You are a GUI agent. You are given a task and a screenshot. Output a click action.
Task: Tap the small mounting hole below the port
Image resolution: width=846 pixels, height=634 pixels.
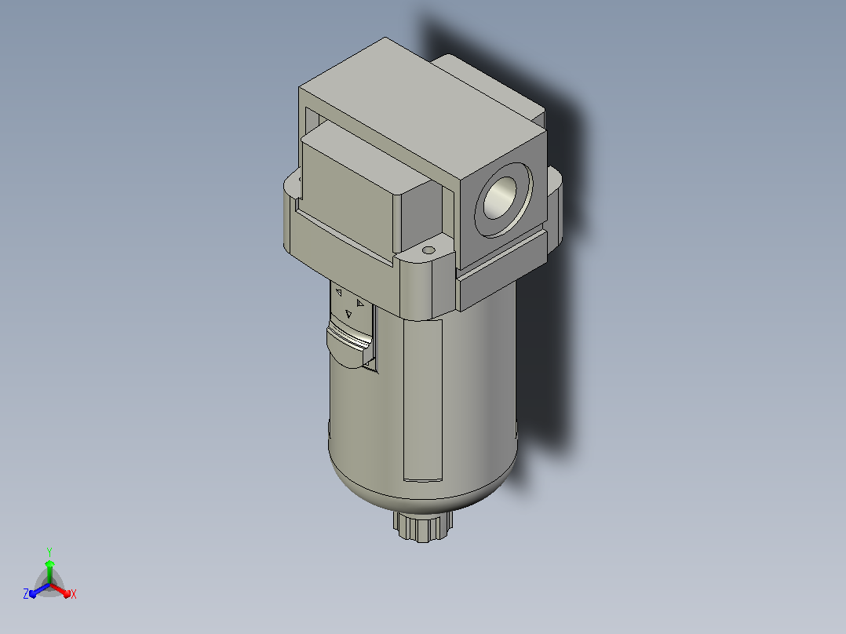pyautogui.click(x=428, y=250)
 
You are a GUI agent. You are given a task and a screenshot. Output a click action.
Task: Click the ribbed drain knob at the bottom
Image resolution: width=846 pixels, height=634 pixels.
pyautogui.click(x=423, y=526)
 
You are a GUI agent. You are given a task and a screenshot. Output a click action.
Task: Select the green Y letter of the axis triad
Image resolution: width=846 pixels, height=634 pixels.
pyautogui.click(x=49, y=552)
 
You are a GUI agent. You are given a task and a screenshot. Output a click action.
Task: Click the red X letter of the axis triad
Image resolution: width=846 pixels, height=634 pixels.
pyautogui.click(x=74, y=594)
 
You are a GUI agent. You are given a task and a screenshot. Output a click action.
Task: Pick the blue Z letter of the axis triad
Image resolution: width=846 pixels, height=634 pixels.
pyautogui.click(x=26, y=594)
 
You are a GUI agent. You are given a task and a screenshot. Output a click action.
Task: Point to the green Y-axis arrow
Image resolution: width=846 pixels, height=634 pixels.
pyautogui.click(x=49, y=572)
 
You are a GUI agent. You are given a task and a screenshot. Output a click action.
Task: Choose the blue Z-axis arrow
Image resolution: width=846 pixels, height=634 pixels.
pyautogui.click(x=39, y=590)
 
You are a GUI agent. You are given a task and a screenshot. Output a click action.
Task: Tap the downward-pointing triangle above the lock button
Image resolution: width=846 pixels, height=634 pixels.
pyautogui.click(x=348, y=314)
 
